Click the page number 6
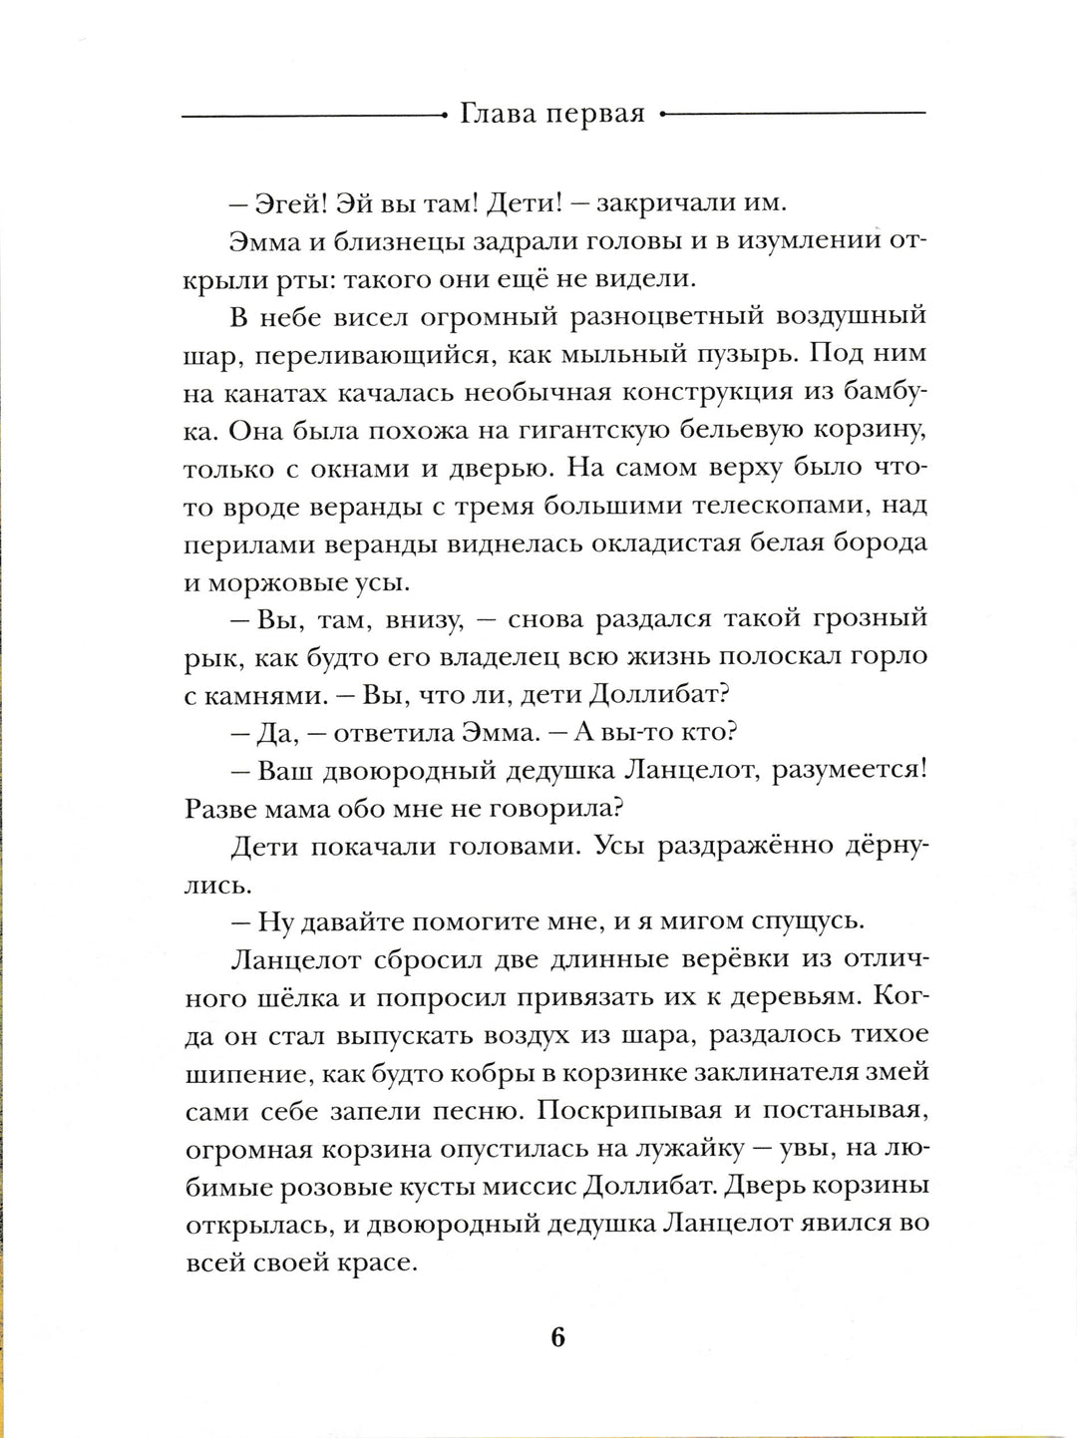556,1336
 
